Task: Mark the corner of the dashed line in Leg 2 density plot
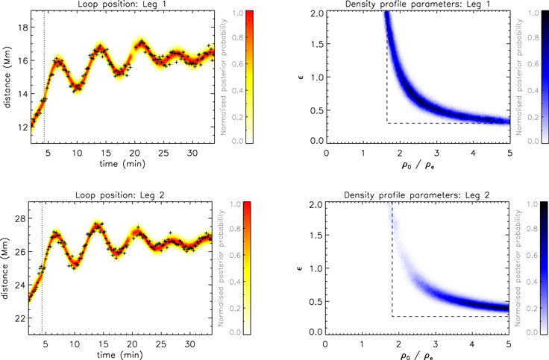tap(392, 316)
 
